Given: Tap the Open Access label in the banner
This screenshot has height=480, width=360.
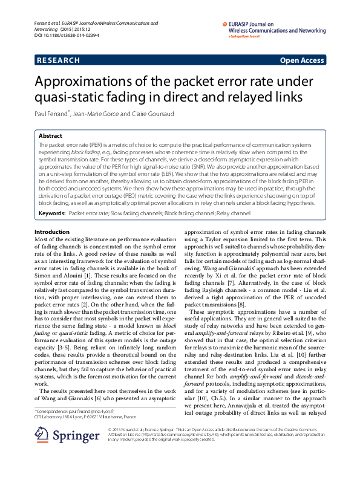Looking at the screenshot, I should click(302, 60).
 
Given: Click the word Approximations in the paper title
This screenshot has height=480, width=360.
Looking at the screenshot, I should click(88, 83).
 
